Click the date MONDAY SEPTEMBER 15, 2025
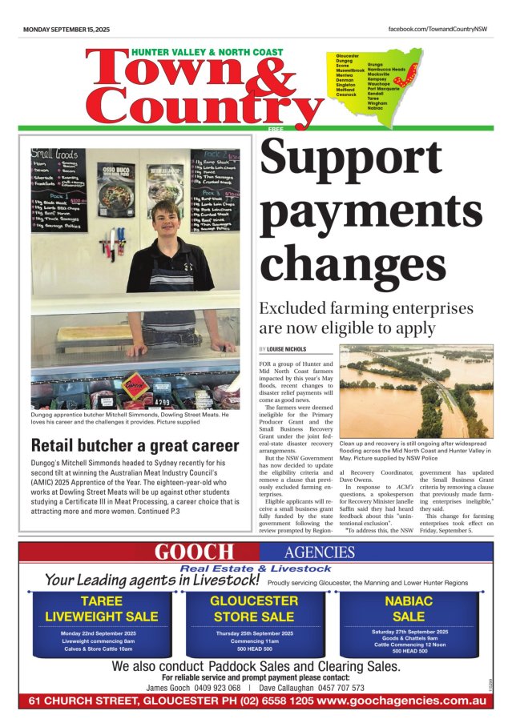[x=67, y=29]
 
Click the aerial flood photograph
[x=416, y=390]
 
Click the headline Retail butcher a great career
[x=135, y=445]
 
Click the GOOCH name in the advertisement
[x=194, y=552]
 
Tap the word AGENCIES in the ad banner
[x=319, y=552]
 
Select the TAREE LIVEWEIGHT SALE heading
[x=101, y=609]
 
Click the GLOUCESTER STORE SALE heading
[x=253, y=609]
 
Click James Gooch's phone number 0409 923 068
[x=217, y=688]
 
